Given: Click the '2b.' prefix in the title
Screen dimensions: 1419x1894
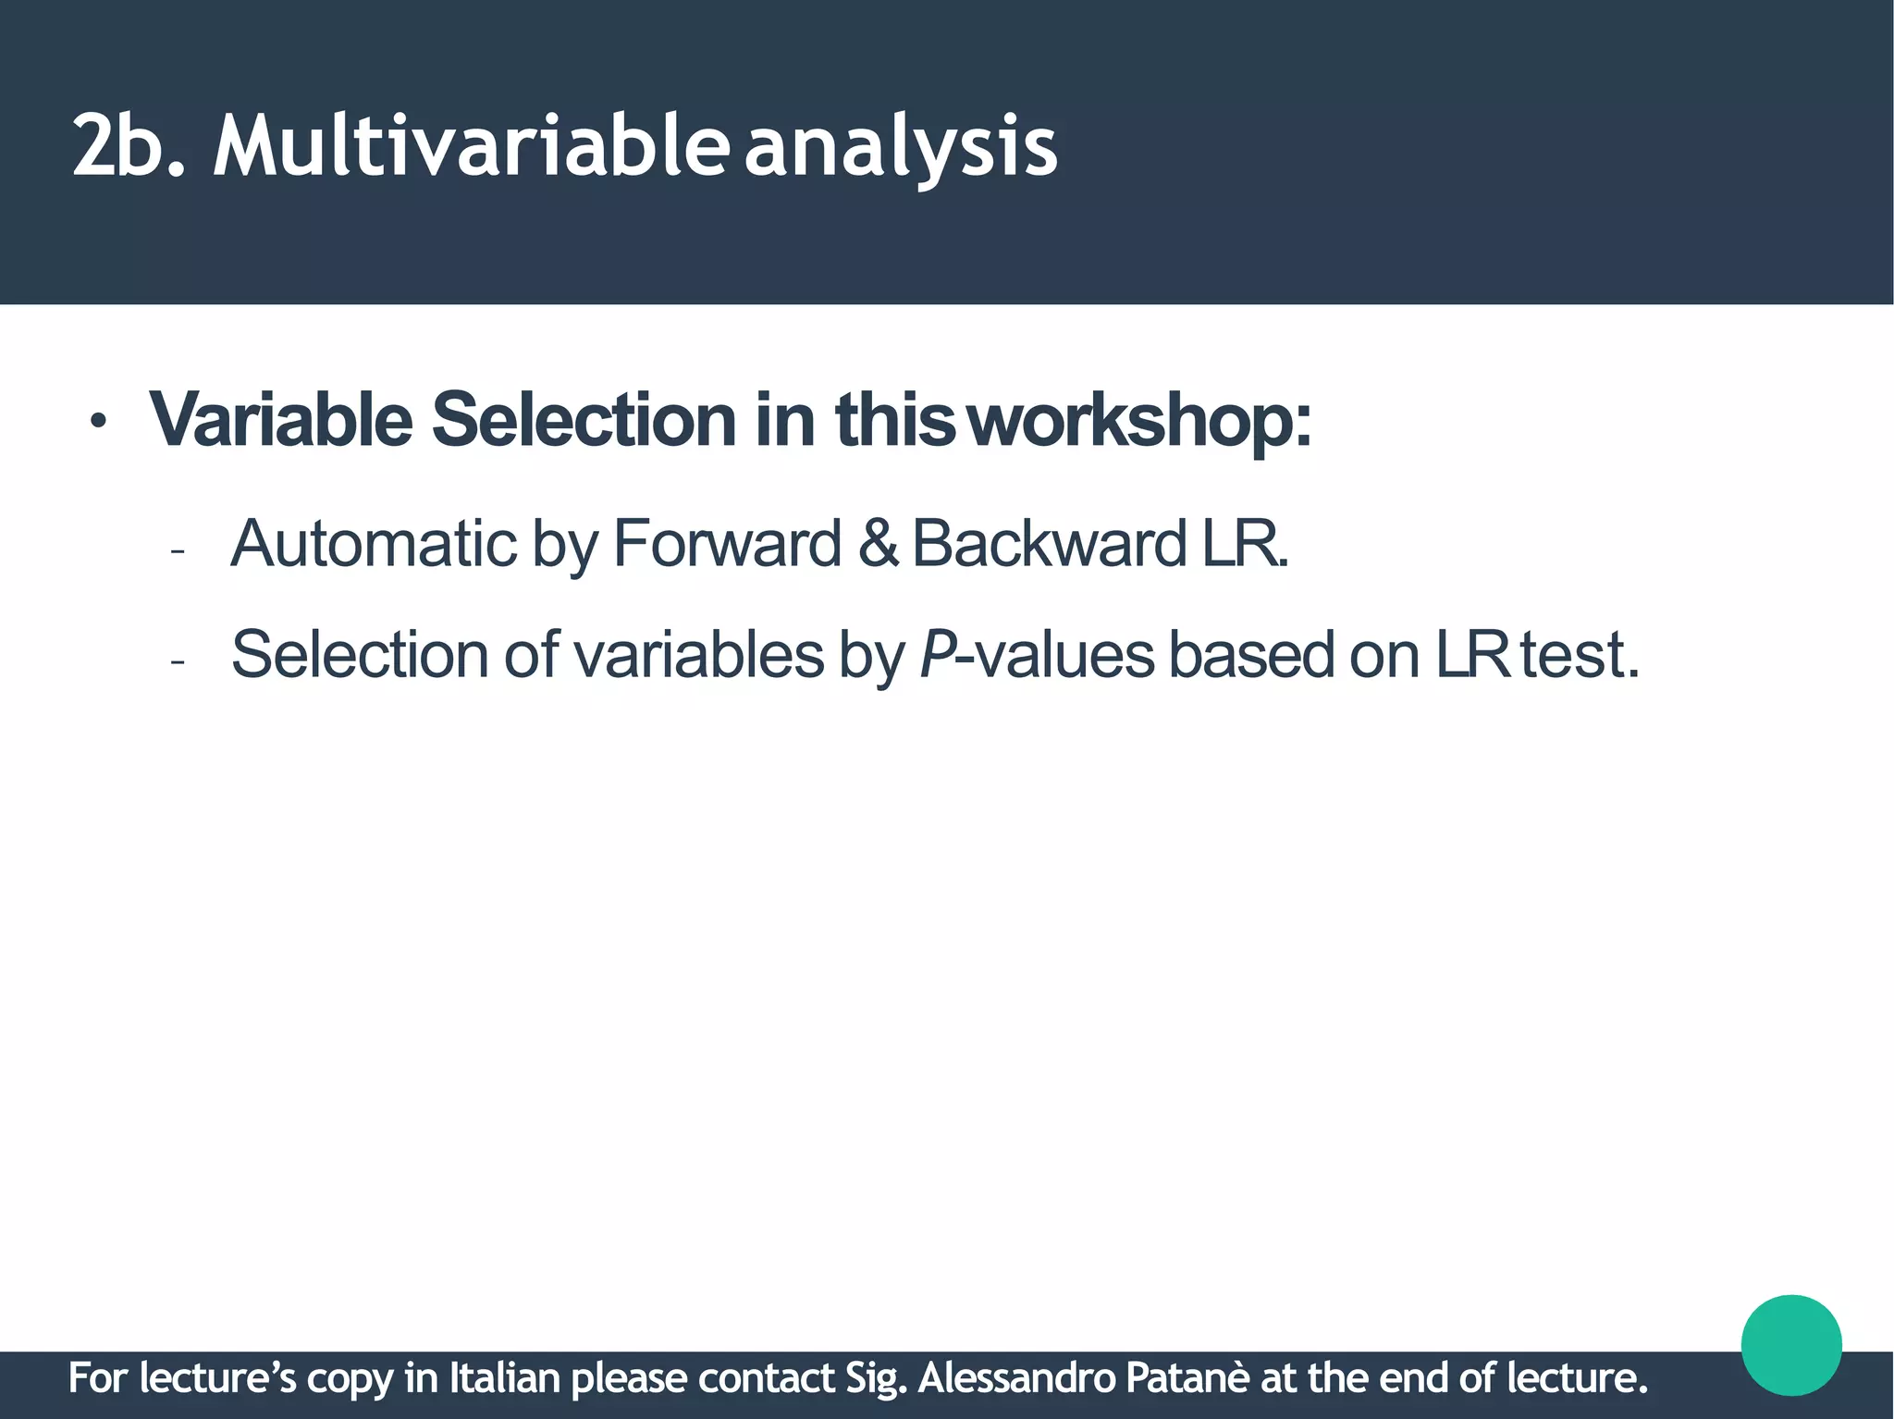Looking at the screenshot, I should pyautogui.click(x=129, y=146).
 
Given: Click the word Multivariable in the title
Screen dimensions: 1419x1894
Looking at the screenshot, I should pyautogui.click(x=468, y=146).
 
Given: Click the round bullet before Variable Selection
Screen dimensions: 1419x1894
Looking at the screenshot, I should pyautogui.click(x=98, y=424).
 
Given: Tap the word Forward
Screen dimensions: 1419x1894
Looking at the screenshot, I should pyautogui.click(x=726, y=544).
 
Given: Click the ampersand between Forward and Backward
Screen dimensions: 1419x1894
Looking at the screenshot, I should pyautogui.click(x=878, y=544).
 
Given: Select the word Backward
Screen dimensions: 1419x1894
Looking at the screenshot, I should pyautogui.click(x=1049, y=544).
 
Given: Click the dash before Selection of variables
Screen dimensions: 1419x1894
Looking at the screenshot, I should pyautogui.click(x=178, y=662).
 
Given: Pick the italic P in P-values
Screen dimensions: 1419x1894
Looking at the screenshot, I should pyautogui.click(x=938, y=655).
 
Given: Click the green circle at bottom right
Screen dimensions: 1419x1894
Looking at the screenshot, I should pyautogui.click(x=1791, y=1345).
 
